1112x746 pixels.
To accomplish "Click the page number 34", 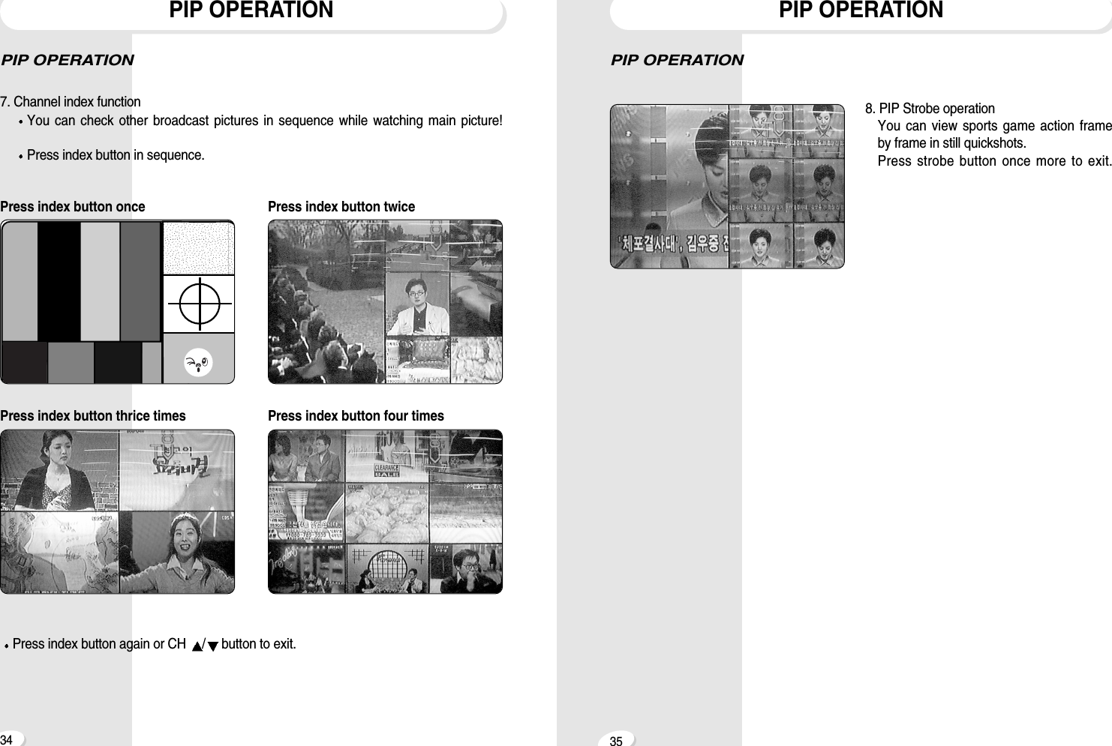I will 7,739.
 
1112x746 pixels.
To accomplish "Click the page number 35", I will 616,741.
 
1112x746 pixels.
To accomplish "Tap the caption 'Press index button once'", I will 73,207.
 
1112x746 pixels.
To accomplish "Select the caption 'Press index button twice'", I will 341,207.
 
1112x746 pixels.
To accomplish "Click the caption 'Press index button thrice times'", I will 92,416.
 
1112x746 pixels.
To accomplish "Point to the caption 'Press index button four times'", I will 356,416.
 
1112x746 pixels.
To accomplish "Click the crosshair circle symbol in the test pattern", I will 199,304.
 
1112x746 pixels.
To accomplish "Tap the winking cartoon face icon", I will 198,364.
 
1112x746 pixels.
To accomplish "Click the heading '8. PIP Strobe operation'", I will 930,109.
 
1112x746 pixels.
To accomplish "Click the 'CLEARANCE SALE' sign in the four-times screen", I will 387,470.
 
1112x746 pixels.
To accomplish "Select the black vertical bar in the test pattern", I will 59,281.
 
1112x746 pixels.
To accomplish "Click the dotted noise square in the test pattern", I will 198,248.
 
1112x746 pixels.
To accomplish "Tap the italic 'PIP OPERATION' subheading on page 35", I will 677,60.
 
